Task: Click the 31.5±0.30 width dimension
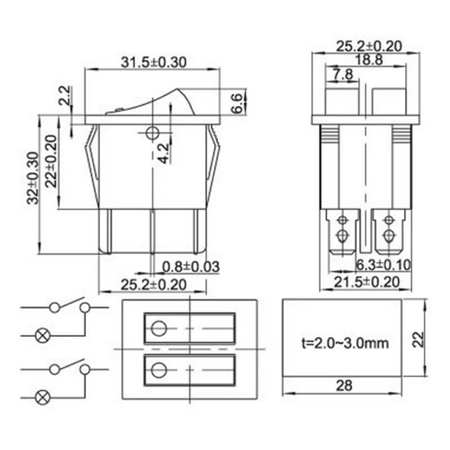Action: pos(154,62)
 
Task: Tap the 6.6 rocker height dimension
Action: pos(237,103)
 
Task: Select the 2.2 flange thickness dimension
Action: pos(64,95)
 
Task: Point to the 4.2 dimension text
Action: pos(164,154)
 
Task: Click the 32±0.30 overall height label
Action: pos(33,178)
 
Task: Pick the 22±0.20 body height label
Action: pos(52,161)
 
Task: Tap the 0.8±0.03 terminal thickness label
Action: pos(191,267)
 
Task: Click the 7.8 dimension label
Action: pos(343,75)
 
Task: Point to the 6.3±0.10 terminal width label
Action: pos(384,265)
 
